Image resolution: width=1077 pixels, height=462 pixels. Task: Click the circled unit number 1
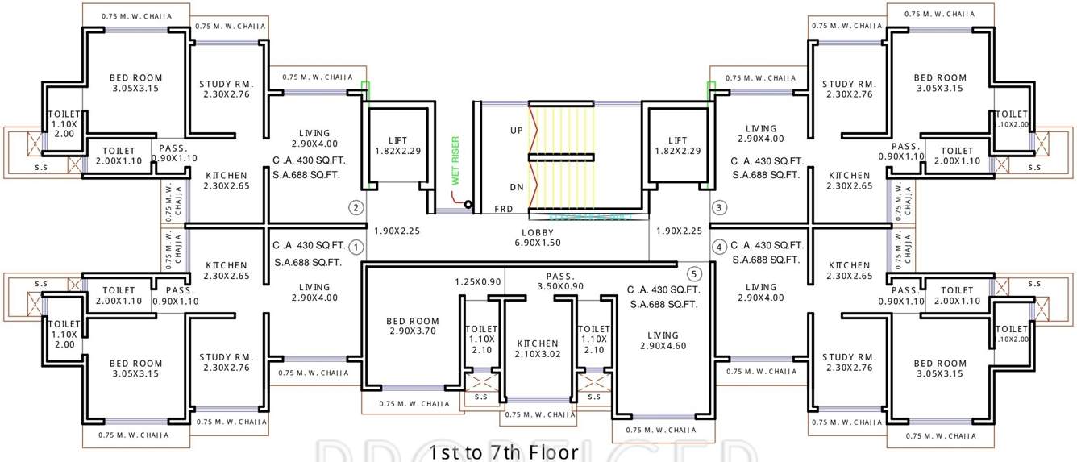tap(357, 247)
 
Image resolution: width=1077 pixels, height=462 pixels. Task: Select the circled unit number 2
tap(356, 208)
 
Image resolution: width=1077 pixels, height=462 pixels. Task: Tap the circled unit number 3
tap(720, 208)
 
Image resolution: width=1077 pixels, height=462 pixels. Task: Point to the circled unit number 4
tap(720, 247)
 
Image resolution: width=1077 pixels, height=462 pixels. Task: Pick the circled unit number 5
tap(695, 273)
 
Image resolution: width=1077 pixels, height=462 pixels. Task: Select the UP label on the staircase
tap(517, 130)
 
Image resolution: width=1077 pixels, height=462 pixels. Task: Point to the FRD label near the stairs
tap(505, 210)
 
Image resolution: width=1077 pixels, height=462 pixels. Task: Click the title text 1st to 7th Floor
tap(504, 452)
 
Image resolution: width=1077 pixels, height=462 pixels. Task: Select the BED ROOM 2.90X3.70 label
tap(413, 326)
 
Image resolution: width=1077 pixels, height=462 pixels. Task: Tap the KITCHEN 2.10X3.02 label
tap(538, 348)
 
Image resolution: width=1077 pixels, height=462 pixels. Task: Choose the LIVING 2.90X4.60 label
tap(663, 340)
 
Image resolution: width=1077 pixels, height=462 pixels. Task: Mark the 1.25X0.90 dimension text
tap(478, 281)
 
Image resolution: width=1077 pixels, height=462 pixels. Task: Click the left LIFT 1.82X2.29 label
tap(397, 145)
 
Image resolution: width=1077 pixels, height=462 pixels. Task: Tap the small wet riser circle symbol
tap(468, 205)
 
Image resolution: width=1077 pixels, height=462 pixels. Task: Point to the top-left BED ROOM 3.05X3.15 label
tap(135, 83)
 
